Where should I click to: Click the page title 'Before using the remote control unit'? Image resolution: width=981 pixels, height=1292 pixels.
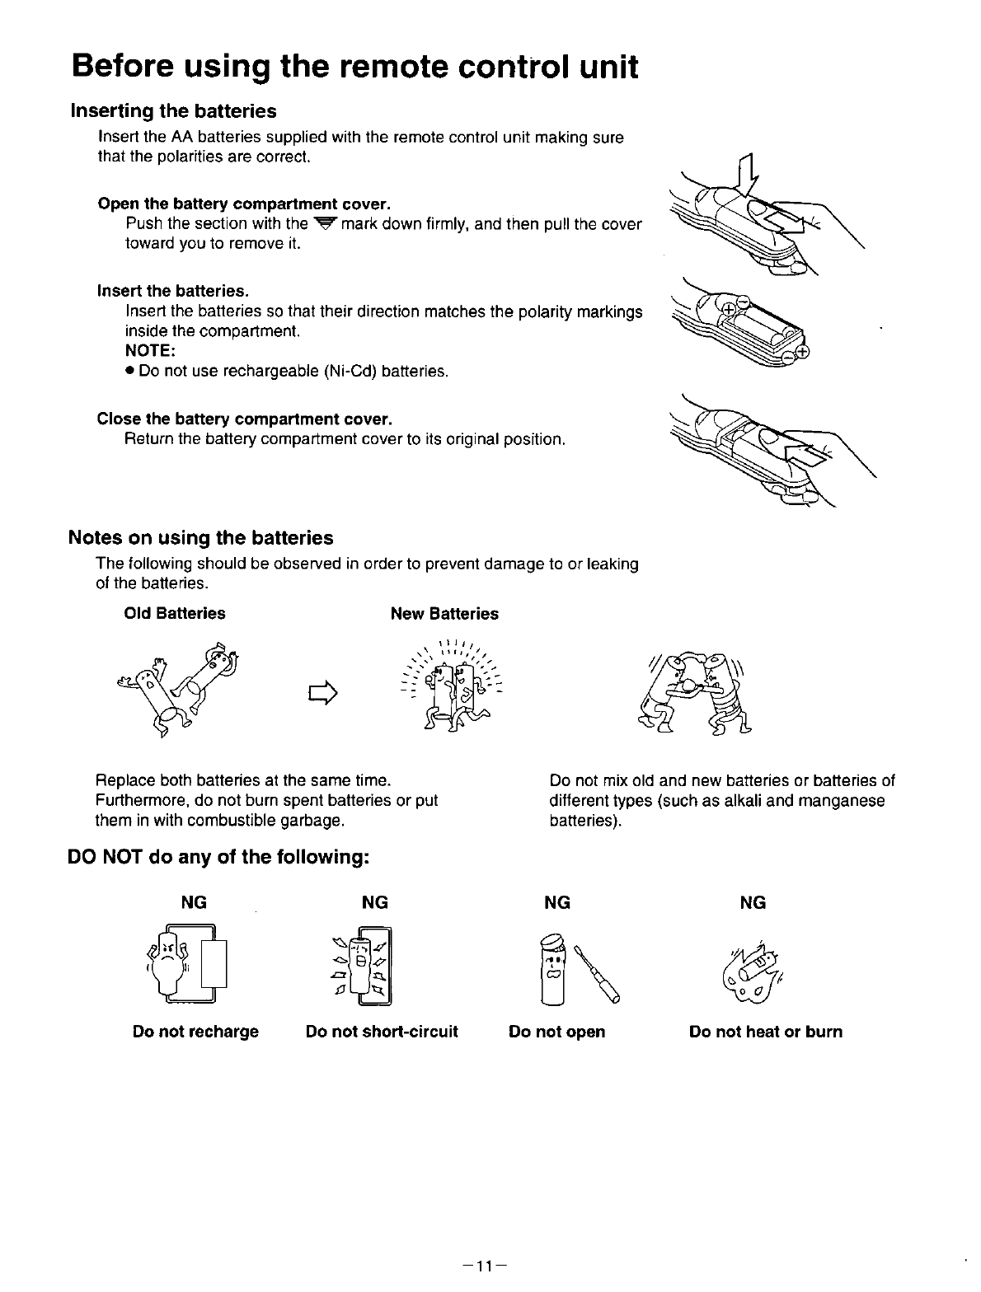354,66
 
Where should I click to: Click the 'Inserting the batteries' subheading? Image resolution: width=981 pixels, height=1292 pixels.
173,110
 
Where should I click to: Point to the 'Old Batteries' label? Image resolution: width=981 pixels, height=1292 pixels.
174,613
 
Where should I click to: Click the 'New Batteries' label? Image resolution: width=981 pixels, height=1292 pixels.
444,614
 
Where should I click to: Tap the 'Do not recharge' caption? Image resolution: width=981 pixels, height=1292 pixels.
195,1032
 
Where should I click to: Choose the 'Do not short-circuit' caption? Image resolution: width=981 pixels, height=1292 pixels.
382,1032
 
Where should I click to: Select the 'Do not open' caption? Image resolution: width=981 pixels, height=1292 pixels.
557,1032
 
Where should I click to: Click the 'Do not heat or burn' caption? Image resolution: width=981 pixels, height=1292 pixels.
766,1032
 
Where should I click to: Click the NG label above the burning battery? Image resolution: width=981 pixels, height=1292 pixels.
753,903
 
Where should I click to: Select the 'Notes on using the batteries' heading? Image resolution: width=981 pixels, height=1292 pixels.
200,538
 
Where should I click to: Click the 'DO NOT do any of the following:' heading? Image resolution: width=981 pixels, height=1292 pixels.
217,858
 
